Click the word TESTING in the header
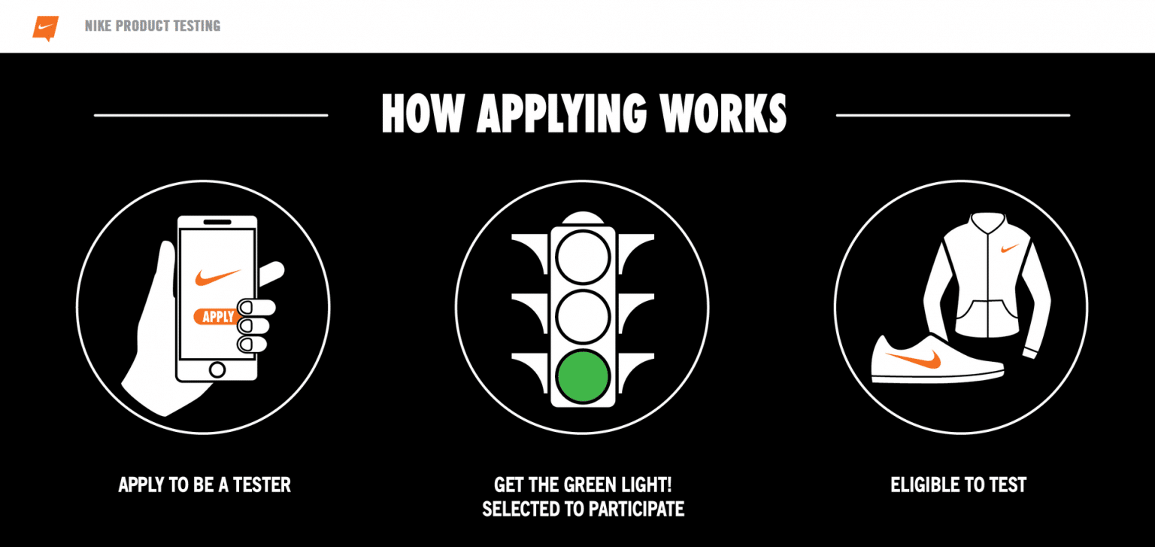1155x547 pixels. [196, 26]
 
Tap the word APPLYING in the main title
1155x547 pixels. [561, 114]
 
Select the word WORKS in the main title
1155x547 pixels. [723, 114]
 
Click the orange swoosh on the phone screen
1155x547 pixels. [217, 277]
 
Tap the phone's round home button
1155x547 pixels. [217, 369]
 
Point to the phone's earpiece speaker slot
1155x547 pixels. [217, 223]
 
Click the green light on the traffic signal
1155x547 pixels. [583, 376]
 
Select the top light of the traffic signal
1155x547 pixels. [583, 257]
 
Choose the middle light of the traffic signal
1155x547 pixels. [583, 316]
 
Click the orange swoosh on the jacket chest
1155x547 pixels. [1010, 249]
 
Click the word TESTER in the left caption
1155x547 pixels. [262, 485]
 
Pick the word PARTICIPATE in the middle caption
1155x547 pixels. [637, 509]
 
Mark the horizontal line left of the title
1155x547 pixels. [211, 115]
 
